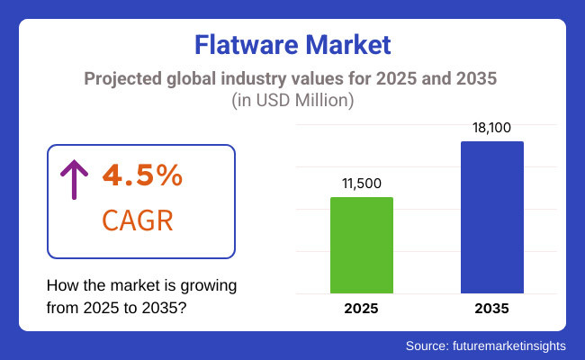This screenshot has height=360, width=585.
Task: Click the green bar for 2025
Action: tap(362, 245)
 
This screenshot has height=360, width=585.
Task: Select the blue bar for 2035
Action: tap(491, 217)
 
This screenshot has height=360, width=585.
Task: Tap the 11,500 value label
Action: tap(362, 183)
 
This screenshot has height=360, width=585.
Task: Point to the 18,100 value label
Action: tap(491, 127)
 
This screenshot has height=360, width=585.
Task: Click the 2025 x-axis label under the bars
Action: tap(362, 309)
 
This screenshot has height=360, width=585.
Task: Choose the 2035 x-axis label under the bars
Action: tap(491, 309)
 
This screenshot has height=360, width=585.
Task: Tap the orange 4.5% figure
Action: tap(142, 176)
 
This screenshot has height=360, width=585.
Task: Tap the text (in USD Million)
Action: tap(292, 102)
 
